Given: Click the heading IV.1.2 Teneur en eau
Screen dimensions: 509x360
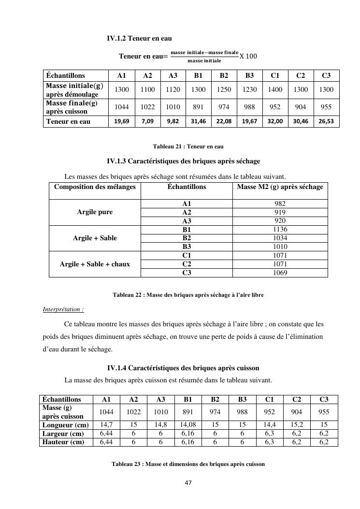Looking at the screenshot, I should (139, 38).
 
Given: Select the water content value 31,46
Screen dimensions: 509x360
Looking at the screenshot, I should (198, 121).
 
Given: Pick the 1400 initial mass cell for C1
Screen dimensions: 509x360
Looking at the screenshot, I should (275, 90).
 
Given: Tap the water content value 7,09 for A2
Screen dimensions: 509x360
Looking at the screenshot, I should (147, 121).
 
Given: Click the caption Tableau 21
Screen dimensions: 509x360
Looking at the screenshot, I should (188, 146).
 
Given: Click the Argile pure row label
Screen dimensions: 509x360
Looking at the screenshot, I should (95, 212).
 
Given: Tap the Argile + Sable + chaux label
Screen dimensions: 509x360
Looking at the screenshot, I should (95, 264).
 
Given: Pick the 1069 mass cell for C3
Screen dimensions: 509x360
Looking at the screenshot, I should (280, 273).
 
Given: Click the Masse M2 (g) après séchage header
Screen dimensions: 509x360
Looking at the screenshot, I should (280, 187).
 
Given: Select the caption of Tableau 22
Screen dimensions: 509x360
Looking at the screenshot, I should (188, 294).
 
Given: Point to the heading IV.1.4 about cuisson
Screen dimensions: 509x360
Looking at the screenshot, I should (183, 368).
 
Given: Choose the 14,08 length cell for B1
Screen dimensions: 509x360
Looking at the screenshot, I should (188, 425).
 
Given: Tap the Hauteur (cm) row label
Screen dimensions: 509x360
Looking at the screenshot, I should (63, 442).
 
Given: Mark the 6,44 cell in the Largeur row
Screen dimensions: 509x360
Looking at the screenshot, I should (106, 434).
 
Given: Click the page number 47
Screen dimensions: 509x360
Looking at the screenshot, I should (188, 482).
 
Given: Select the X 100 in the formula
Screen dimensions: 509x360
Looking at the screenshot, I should (248, 56).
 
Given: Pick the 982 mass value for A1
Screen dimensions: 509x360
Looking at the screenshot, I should (280, 204).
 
